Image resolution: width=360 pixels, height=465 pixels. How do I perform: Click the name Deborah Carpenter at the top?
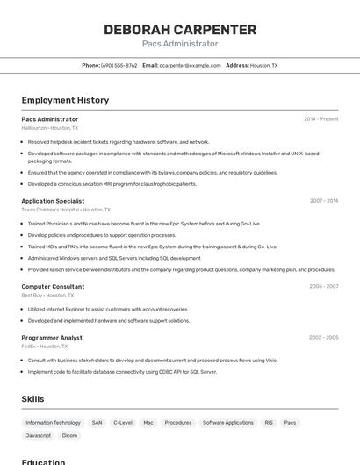pyautogui.click(x=180, y=30)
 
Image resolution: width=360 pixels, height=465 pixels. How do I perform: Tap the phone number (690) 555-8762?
pyautogui.click(x=119, y=66)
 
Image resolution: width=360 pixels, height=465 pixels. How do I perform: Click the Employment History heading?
pyautogui.click(x=65, y=100)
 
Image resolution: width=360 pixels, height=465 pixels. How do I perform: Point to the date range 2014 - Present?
pyautogui.click(x=320, y=119)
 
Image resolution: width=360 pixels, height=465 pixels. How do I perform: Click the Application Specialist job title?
pyautogui.click(x=53, y=201)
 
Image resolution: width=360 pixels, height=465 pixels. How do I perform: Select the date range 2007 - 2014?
pyautogui.click(x=323, y=201)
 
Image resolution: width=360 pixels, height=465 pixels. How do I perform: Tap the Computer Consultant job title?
pyautogui.click(x=53, y=286)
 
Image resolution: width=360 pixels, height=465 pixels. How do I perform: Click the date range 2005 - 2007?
pyautogui.click(x=323, y=286)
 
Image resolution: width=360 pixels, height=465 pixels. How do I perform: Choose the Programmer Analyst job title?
pyautogui.click(x=52, y=337)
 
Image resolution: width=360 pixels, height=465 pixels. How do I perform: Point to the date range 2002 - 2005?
pyautogui.click(x=323, y=337)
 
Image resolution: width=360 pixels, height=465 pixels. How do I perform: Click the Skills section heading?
pyautogui.click(x=32, y=399)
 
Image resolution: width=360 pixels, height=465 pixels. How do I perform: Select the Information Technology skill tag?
pyautogui.click(x=53, y=423)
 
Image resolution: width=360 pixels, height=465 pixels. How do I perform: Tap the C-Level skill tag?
pyautogui.click(x=123, y=423)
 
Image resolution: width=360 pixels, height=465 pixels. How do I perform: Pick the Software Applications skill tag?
pyautogui.click(x=228, y=423)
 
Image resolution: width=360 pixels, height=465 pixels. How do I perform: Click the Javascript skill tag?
pyautogui.click(x=39, y=436)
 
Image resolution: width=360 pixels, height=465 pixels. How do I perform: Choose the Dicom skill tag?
pyautogui.click(x=69, y=436)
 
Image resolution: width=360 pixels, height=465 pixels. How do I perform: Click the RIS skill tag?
pyautogui.click(x=269, y=423)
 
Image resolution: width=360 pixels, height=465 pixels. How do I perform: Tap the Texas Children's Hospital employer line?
pyautogui.click(x=66, y=211)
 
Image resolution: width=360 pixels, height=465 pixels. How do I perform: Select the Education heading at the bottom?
pyautogui.click(x=44, y=461)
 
